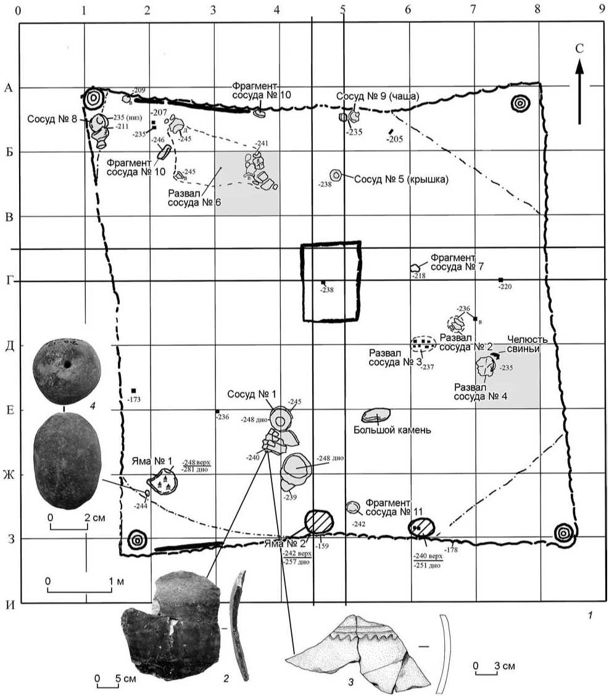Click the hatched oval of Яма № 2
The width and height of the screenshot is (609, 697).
(x=319, y=522)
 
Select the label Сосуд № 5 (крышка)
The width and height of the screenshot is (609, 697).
(x=401, y=180)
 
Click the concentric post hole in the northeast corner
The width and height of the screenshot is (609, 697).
(x=521, y=104)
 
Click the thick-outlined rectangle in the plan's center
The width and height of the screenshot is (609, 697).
(x=330, y=282)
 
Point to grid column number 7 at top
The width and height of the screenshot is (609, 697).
(x=473, y=10)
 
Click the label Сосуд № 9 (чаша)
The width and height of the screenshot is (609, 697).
(x=378, y=96)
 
